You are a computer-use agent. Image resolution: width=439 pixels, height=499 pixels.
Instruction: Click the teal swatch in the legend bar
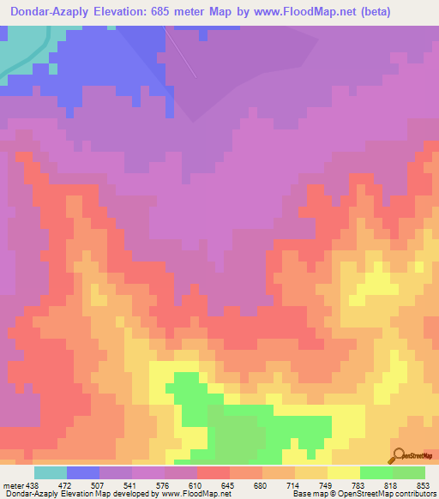click(x=51, y=472)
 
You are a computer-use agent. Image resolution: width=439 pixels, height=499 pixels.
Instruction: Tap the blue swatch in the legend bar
click(x=83, y=472)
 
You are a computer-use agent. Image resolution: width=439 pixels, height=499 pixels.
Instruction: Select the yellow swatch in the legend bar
click(x=344, y=472)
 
